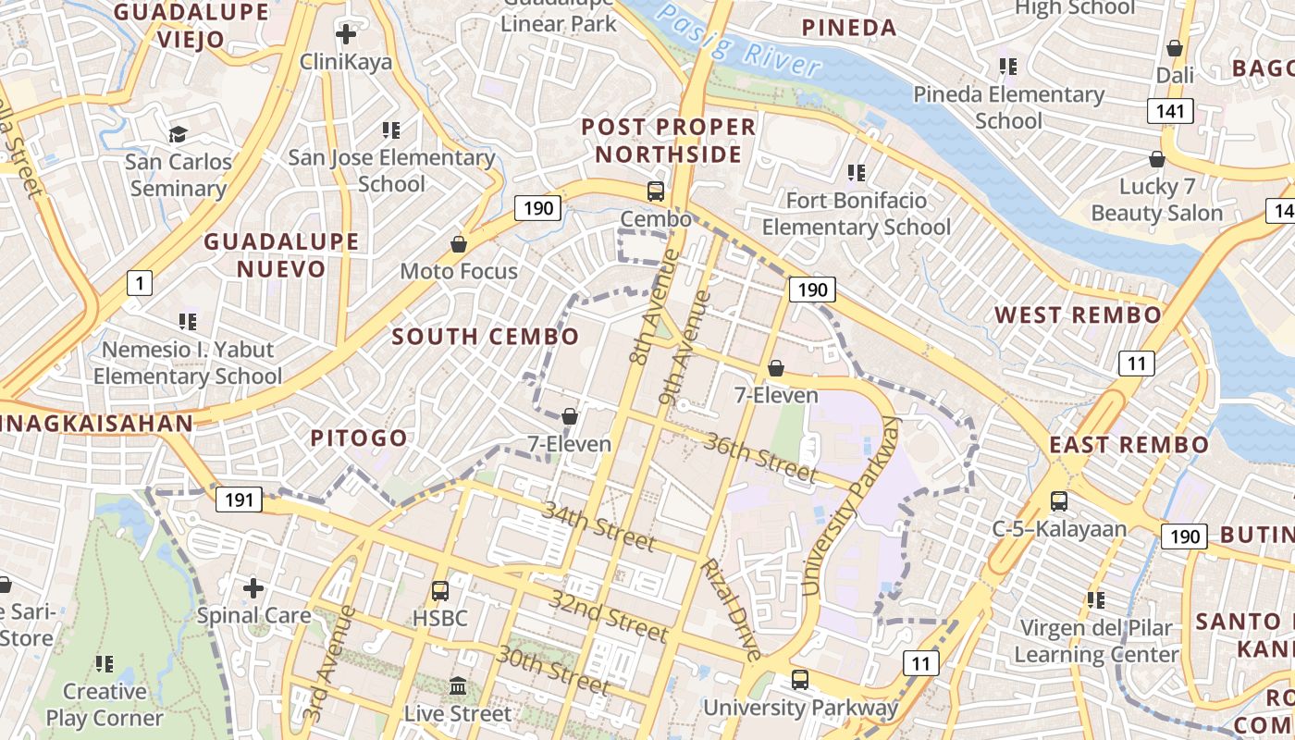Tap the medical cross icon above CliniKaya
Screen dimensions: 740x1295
coord(346,35)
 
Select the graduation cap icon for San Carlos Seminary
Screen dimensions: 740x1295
coord(178,135)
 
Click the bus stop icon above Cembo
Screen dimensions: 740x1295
coord(656,191)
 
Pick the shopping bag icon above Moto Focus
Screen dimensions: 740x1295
coord(458,244)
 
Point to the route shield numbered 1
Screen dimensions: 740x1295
coord(139,282)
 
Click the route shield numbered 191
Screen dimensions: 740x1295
coord(239,500)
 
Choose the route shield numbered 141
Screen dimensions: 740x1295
coord(1171,112)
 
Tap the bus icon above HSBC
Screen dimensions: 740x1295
coord(440,590)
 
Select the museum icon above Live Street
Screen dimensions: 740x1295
coord(458,686)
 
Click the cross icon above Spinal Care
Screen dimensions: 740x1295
coord(253,587)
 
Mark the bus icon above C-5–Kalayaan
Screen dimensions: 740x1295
coord(1059,501)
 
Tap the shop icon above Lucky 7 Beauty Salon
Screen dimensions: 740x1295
coord(1156,159)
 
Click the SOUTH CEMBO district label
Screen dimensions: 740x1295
coord(486,337)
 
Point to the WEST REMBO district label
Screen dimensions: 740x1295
coord(1078,314)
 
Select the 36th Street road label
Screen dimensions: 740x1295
coord(760,458)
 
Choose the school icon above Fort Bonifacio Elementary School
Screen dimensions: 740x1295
coord(857,172)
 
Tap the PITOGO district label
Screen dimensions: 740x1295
coord(359,438)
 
